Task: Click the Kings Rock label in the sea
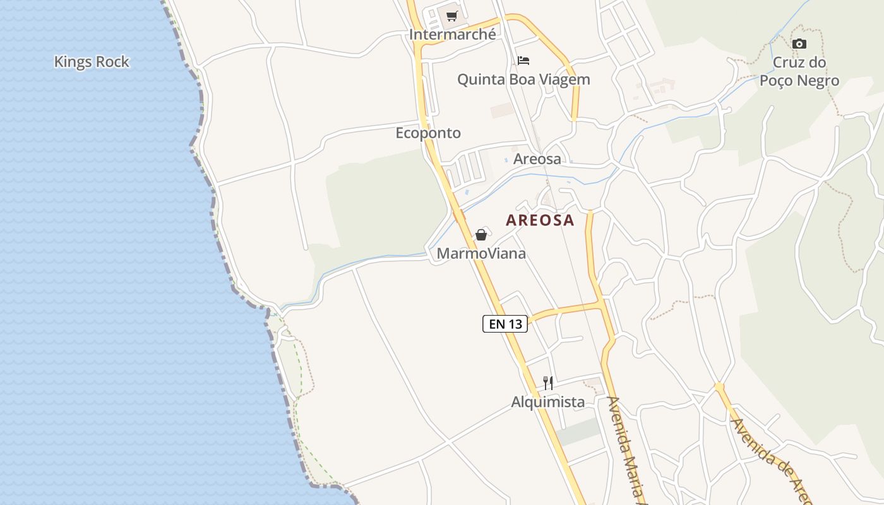(x=92, y=62)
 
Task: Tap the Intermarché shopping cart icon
(x=451, y=16)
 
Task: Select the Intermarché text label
(x=453, y=35)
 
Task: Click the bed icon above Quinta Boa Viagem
(x=523, y=61)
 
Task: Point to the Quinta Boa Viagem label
(x=523, y=80)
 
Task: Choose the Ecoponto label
(x=428, y=133)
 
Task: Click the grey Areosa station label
(x=537, y=159)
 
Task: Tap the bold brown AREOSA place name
(x=541, y=220)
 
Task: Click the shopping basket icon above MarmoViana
(x=481, y=235)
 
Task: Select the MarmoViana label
(x=481, y=254)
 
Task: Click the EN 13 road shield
(x=505, y=324)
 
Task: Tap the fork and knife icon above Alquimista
(x=548, y=383)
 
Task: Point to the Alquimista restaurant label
(x=548, y=402)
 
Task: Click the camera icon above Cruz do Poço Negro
(x=799, y=44)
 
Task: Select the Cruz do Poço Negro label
(x=799, y=71)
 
